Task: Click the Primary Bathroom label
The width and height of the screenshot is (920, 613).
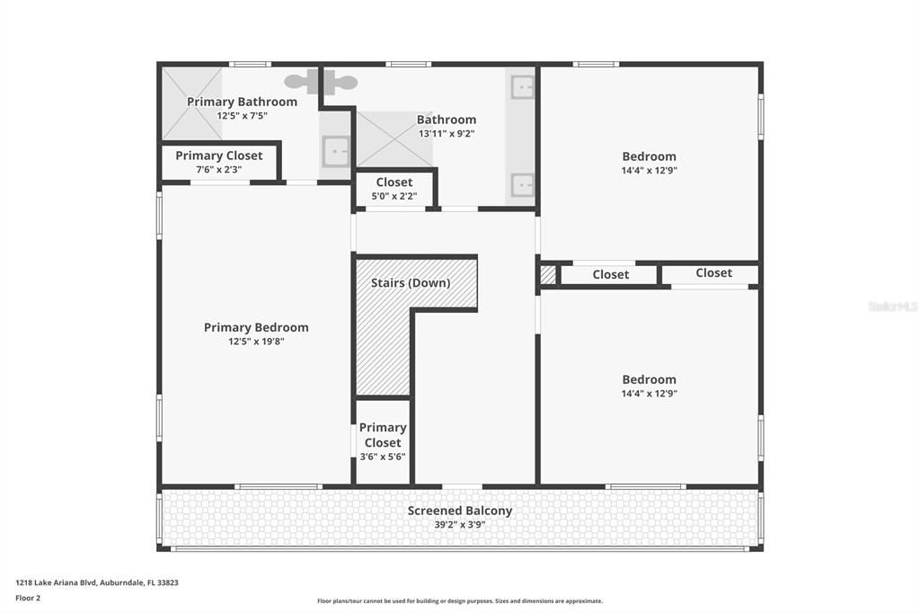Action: (x=242, y=102)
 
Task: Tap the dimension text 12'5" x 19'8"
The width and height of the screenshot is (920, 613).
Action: (x=255, y=342)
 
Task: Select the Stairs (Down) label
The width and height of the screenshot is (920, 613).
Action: (x=411, y=282)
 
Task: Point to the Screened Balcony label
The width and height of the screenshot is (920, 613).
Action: (x=460, y=511)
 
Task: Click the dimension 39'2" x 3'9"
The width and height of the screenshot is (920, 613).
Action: (x=460, y=525)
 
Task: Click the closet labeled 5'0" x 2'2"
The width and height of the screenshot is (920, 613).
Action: (x=394, y=189)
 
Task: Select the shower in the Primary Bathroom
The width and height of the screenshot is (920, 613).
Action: (x=191, y=103)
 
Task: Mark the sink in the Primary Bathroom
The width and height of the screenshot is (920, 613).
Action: (x=336, y=151)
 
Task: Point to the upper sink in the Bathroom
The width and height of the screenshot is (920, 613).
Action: (x=522, y=87)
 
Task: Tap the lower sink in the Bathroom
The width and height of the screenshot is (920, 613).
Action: (x=522, y=184)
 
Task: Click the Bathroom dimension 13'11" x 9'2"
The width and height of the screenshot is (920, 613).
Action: (x=447, y=134)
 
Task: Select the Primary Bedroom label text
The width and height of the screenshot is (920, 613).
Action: (x=256, y=327)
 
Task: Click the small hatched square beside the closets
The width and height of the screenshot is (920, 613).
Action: (x=547, y=275)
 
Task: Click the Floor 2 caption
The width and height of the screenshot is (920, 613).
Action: (x=28, y=598)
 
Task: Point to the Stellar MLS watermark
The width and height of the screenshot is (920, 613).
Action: (x=893, y=306)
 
